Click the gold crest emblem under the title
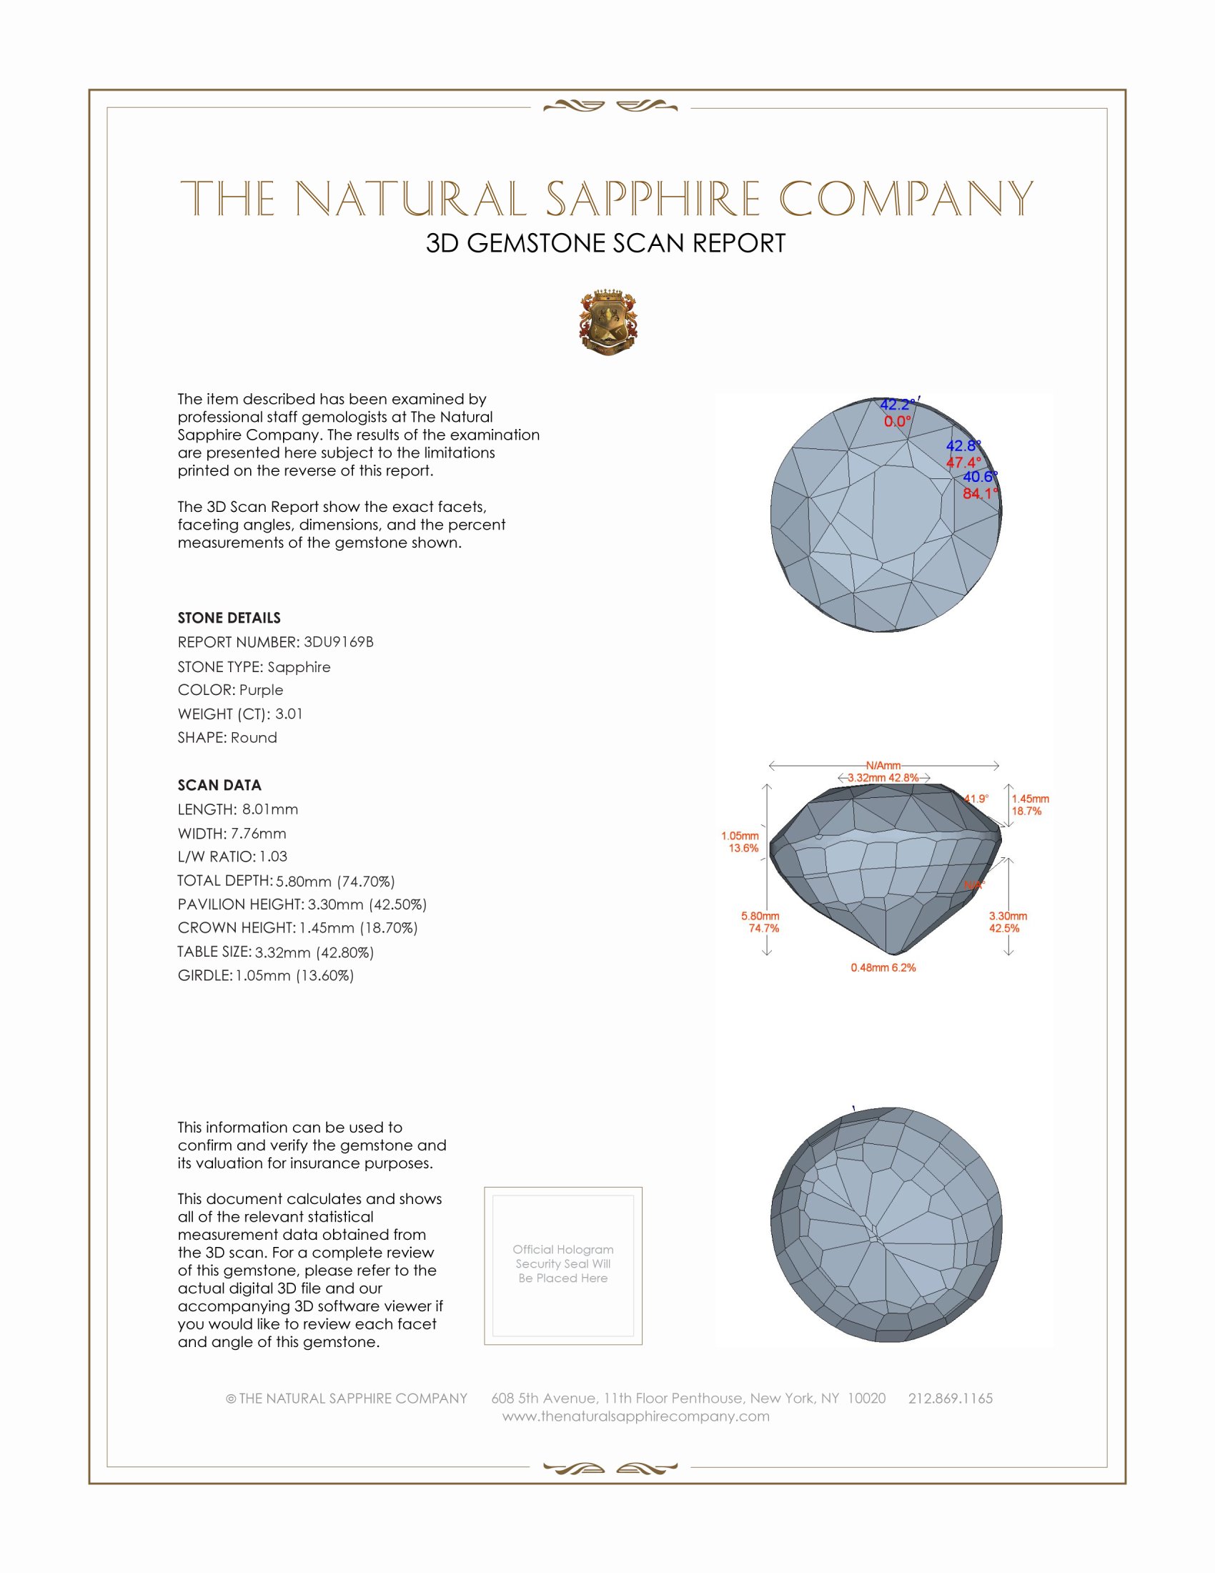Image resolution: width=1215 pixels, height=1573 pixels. pos(608,322)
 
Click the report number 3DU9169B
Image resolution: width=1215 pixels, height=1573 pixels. pos(338,642)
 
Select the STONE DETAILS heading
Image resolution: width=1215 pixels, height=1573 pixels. pos(229,618)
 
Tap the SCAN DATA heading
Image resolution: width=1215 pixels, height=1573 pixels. pos(219,785)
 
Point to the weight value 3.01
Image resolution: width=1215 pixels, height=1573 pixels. pos(289,714)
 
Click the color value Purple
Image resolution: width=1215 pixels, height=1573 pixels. pos(262,690)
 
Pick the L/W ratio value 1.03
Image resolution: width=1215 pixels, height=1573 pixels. pos(274,857)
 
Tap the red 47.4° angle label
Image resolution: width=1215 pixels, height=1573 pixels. pos(963,463)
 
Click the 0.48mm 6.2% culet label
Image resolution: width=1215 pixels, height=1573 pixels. pos(883,967)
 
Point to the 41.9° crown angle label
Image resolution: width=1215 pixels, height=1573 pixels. pos(977,799)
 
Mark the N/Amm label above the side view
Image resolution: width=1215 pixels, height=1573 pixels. pos(883,766)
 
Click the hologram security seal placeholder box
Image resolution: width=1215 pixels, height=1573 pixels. pos(563,1266)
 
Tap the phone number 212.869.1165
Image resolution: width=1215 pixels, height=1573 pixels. pos(950,1398)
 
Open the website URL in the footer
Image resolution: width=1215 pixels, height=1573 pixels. pos(635,1416)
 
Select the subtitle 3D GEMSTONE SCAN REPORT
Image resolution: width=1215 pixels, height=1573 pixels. pos(605,243)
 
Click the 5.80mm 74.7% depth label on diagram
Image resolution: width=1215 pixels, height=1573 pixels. pos(761,922)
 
